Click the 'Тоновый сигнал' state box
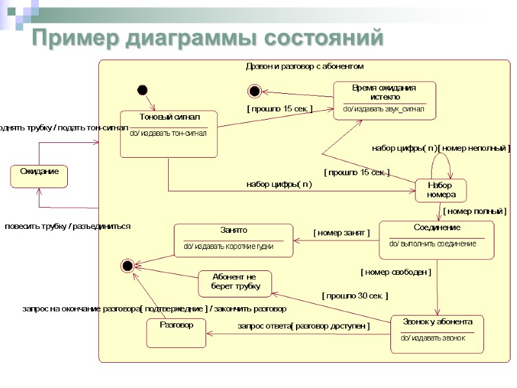169,133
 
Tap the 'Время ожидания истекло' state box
384,100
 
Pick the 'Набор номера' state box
441,190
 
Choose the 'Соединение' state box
436,240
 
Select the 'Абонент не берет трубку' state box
235,283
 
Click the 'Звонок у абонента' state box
437,334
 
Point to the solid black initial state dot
143,90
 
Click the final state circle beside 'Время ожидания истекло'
254,91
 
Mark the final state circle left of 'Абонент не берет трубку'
127,265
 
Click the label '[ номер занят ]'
341,232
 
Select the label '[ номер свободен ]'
396,272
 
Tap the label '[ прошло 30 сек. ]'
355,296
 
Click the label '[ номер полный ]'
474,211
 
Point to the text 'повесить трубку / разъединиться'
68,226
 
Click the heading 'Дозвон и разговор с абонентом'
305,66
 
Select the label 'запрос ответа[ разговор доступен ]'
303,327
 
